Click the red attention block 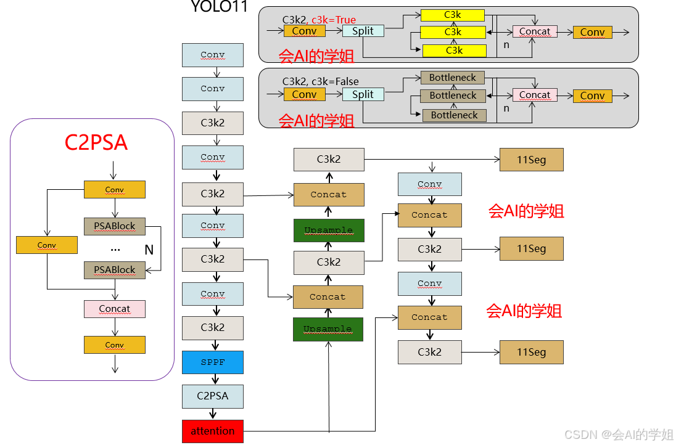point(212,431)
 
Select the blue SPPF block point(212,362)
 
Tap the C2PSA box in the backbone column point(212,396)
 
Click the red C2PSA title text point(96,143)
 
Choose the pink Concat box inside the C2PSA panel point(114,309)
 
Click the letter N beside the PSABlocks point(149,250)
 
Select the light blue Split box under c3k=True point(363,30)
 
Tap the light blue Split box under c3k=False point(363,94)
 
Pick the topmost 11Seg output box point(531,160)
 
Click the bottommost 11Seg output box point(531,352)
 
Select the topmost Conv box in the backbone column point(212,55)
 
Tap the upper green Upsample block point(328,230)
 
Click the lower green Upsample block point(328,329)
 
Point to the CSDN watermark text point(619,435)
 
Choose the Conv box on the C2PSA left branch point(47,245)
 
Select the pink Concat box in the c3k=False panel point(534,95)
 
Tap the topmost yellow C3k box point(452,14)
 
